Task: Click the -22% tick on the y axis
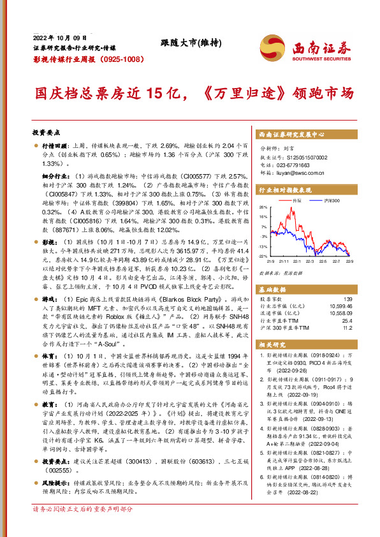point(262,255)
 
